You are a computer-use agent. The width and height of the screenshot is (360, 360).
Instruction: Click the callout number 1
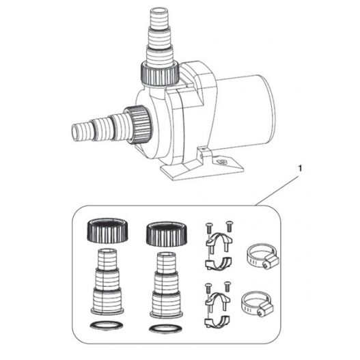point(300,169)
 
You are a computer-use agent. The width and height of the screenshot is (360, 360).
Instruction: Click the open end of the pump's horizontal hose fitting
point(76,133)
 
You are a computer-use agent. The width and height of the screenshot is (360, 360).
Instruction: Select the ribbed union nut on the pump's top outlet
point(160,74)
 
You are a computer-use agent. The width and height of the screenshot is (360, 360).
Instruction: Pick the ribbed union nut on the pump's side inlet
point(139,125)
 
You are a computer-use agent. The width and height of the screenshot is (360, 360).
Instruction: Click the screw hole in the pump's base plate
point(223,162)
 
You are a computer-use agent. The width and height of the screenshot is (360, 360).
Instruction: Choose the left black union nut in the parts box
point(107,230)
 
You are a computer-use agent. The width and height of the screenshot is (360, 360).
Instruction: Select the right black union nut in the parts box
point(167,234)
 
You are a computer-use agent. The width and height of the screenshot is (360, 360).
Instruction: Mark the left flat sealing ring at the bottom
point(107,325)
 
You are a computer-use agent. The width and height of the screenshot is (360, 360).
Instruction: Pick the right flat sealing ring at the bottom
point(165,329)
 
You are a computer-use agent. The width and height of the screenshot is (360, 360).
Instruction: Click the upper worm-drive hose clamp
point(262,256)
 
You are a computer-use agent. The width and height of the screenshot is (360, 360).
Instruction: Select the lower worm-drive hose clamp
point(257,305)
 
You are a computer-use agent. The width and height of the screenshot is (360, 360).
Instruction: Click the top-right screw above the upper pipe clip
point(229,226)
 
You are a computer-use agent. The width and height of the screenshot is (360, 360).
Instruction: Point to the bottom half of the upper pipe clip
point(218,264)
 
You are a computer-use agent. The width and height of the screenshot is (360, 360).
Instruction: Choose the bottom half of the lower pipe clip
point(218,322)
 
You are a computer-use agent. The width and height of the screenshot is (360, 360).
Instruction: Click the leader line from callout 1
point(277,191)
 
